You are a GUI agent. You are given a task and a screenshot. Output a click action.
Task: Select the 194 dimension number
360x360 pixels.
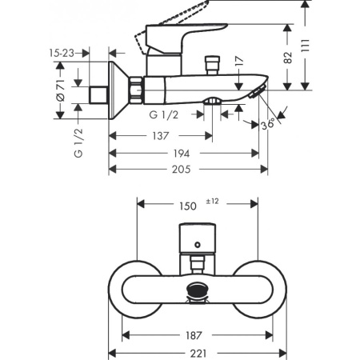click(183, 153)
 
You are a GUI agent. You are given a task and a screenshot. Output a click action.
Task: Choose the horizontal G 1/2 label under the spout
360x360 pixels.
click(165, 115)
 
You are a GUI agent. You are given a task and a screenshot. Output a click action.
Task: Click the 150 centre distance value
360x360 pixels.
click(187, 206)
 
